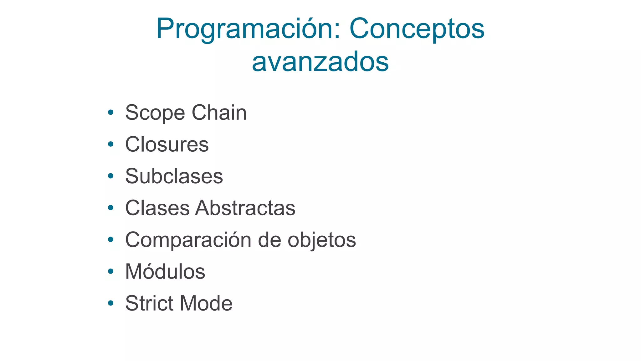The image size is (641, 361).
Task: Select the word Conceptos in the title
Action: click(417, 29)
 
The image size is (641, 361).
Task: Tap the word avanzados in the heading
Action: click(320, 62)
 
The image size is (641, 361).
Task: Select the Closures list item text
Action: click(167, 144)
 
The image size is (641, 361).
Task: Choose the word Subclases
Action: click(174, 176)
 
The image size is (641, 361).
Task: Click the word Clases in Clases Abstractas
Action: click(157, 208)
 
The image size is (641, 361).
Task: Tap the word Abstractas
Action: click(245, 208)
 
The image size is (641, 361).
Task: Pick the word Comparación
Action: click(188, 240)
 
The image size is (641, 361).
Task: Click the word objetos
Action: click(322, 240)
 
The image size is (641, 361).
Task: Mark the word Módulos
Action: click(165, 271)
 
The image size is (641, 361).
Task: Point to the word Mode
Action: click(206, 303)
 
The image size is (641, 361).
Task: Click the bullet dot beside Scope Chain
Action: click(110, 112)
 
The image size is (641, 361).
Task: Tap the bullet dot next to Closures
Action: click(110, 144)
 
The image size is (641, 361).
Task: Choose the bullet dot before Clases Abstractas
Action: click(110, 208)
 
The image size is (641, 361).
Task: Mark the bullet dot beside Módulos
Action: click(110, 271)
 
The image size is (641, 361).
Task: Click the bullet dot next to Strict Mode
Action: click(110, 303)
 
